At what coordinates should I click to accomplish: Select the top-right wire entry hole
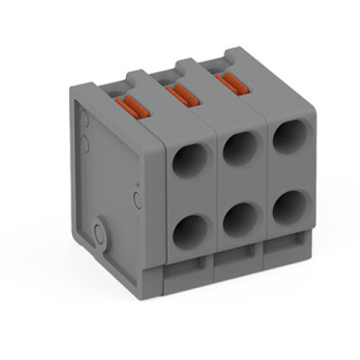pos(289,136)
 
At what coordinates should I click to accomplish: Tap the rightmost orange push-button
pos(228,82)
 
